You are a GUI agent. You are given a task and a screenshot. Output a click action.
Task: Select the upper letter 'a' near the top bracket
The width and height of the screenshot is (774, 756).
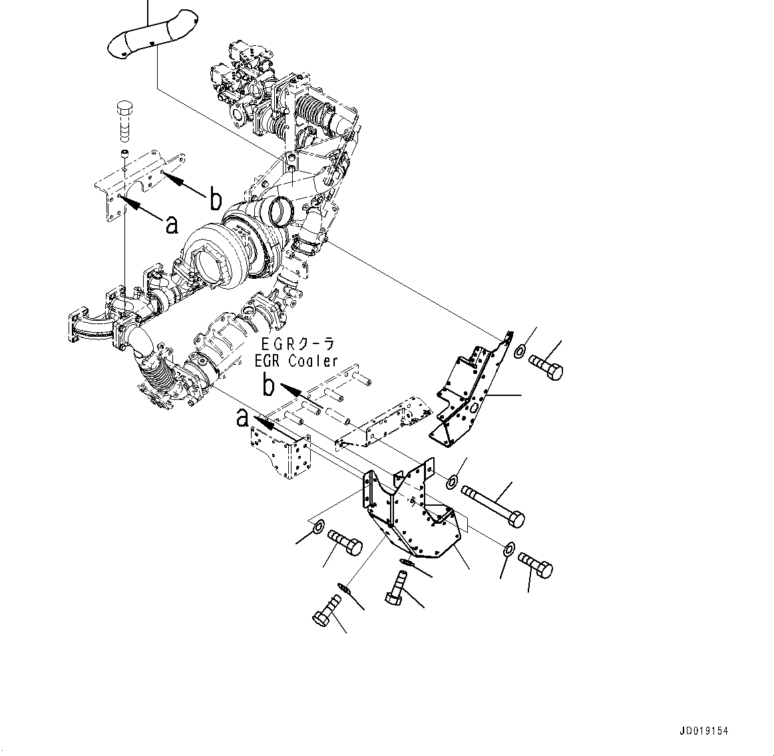(x=172, y=224)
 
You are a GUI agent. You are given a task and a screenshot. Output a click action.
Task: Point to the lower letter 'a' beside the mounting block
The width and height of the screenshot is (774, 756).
(x=244, y=419)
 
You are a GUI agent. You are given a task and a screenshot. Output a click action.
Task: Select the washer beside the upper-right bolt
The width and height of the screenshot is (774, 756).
(x=521, y=351)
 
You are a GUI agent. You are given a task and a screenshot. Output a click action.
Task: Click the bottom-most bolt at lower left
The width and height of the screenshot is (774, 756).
(x=325, y=611)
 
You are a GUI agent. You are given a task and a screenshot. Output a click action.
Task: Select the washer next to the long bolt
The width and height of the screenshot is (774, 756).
(x=453, y=480)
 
